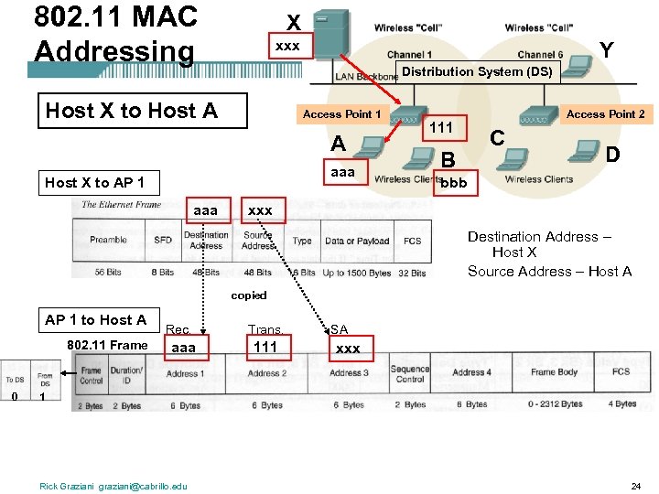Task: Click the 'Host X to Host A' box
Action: (x=132, y=111)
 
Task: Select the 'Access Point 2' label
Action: (x=605, y=114)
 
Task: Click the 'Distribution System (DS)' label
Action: (x=477, y=71)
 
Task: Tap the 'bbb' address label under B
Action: (x=453, y=183)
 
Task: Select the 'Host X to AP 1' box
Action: (x=95, y=182)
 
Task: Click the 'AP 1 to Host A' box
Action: (x=95, y=319)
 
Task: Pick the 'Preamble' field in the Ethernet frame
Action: (x=108, y=241)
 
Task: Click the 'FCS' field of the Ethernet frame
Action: (x=413, y=241)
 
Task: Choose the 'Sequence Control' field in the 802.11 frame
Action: (x=409, y=373)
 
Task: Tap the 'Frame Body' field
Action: (x=555, y=372)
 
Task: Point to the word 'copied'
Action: (x=249, y=295)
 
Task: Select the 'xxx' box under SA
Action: (x=348, y=349)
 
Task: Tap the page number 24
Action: (x=635, y=485)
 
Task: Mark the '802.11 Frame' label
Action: (x=107, y=344)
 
